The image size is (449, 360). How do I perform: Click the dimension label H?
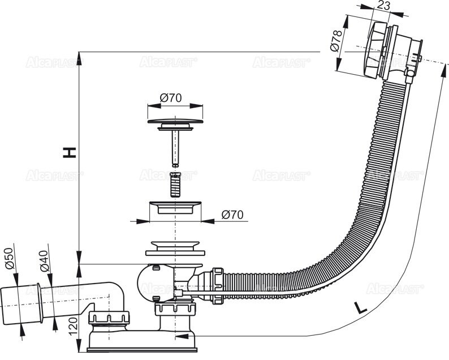(x=69, y=152)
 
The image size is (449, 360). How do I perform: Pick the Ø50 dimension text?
(x=10, y=258)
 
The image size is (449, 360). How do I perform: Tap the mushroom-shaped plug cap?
(x=175, y=121)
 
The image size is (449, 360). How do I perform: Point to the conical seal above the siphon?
(x=175, y=248)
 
